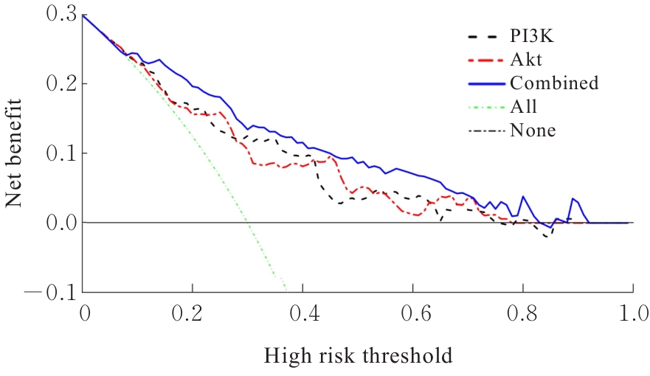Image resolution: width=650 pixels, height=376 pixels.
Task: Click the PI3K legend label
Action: (529, 35)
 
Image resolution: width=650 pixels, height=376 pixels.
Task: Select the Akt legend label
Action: (524, 58)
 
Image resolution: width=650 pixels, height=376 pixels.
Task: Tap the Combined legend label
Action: (553, 83)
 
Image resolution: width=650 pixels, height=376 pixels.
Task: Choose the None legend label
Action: (533, 130)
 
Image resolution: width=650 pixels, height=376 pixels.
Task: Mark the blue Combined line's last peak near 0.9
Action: (573, 199)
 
